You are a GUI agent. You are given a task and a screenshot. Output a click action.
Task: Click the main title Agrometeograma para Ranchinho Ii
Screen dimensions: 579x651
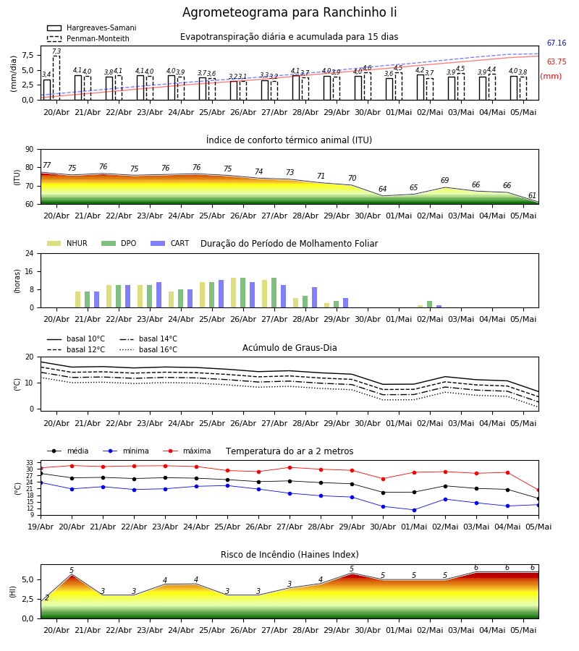289,12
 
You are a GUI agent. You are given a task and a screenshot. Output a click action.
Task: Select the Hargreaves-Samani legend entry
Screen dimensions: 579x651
92,27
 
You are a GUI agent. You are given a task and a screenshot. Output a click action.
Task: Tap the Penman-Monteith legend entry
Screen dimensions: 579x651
88,38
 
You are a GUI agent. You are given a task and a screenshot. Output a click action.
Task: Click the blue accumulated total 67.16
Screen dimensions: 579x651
557,43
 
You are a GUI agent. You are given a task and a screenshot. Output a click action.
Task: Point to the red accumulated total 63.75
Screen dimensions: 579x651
557,62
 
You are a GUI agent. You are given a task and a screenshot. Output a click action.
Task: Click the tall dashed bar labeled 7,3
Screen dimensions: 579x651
56,77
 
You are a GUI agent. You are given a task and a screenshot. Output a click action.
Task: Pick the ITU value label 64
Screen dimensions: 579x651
383,189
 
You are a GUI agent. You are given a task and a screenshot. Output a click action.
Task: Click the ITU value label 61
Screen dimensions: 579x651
532,195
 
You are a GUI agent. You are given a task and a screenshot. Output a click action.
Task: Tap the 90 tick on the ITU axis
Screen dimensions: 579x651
30,149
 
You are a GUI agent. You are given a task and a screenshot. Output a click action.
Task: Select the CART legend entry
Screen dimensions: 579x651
170,243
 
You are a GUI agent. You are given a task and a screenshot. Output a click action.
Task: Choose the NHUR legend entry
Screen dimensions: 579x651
67,243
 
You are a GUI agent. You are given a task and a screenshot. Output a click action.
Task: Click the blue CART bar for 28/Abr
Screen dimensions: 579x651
314,297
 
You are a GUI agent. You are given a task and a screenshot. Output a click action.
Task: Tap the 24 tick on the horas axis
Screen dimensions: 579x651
30,253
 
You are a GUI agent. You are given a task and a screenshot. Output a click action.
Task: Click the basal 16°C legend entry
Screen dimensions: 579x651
148,349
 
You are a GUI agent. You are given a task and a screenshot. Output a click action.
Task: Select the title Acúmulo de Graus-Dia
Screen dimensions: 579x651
289,348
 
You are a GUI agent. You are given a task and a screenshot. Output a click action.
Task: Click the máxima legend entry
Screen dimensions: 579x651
187,451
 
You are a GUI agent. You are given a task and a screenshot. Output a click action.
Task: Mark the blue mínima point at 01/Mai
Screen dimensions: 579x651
414,510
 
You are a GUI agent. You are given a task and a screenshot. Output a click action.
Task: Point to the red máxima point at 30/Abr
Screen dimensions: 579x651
383,479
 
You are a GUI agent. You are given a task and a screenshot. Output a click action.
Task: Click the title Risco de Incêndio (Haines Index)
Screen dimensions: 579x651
289,555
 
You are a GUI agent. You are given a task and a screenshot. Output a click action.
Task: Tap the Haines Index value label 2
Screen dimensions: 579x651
47,598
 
